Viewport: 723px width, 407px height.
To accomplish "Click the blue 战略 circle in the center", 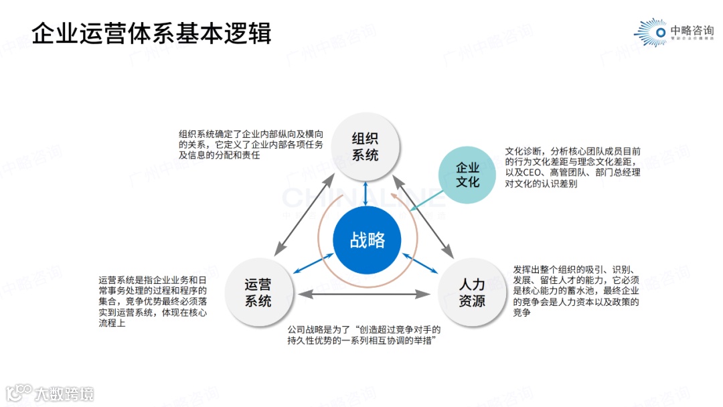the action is (367, 240).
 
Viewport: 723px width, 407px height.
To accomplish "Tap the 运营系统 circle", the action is (258, 293).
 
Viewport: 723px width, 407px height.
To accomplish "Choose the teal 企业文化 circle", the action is (468, 173).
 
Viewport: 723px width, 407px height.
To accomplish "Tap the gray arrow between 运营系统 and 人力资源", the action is (366, 293).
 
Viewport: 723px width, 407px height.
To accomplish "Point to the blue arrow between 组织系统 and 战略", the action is (366, 194).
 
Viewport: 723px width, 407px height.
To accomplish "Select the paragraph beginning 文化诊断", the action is (572, 167).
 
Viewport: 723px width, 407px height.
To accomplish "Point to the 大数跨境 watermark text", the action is (64, 394).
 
